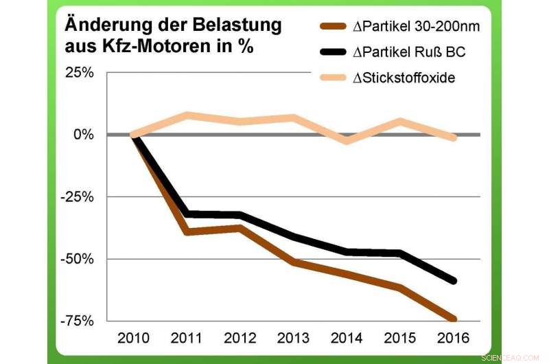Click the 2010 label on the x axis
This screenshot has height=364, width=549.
click(133, 339)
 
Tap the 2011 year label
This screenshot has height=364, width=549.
click(187, 339)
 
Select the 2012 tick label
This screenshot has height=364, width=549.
click(240, 339)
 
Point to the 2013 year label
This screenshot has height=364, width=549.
click(293, 339)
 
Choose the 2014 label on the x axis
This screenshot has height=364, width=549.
click(347, 339)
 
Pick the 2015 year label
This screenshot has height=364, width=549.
click(399, 339)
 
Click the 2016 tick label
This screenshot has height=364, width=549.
click(453, 339)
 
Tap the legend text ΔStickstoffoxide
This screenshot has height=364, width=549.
click(404, 78)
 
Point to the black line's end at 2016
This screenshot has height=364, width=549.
click(453, 281)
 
